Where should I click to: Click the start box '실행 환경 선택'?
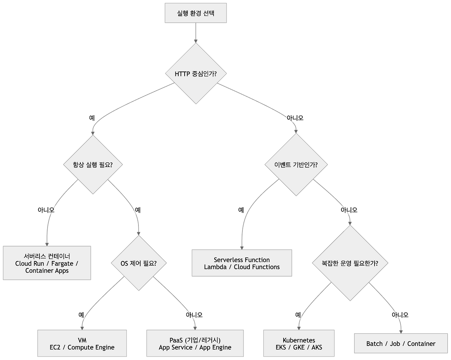[196, 13]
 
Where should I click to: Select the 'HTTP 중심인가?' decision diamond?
[196, 74]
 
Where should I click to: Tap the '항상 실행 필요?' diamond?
[93, 165]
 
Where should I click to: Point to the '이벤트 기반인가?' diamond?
[296, 165]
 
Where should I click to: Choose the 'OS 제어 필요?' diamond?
[138, 263]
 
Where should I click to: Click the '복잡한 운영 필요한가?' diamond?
[350, 263]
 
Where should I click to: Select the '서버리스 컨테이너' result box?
[47, 263]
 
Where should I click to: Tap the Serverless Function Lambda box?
[242, 263]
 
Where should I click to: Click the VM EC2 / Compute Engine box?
[82, 343]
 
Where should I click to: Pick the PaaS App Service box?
[195, 343]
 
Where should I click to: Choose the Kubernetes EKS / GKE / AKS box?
[299, 343]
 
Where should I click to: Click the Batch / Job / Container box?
[401, 343]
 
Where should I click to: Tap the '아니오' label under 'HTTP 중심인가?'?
[295, 118]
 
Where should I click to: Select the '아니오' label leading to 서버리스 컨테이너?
[47, 210]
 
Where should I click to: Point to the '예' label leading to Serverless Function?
[241, 210]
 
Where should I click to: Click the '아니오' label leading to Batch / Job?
[400, 315]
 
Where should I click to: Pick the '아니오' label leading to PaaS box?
[194, 315]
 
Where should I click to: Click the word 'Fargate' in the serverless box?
[62, 263]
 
